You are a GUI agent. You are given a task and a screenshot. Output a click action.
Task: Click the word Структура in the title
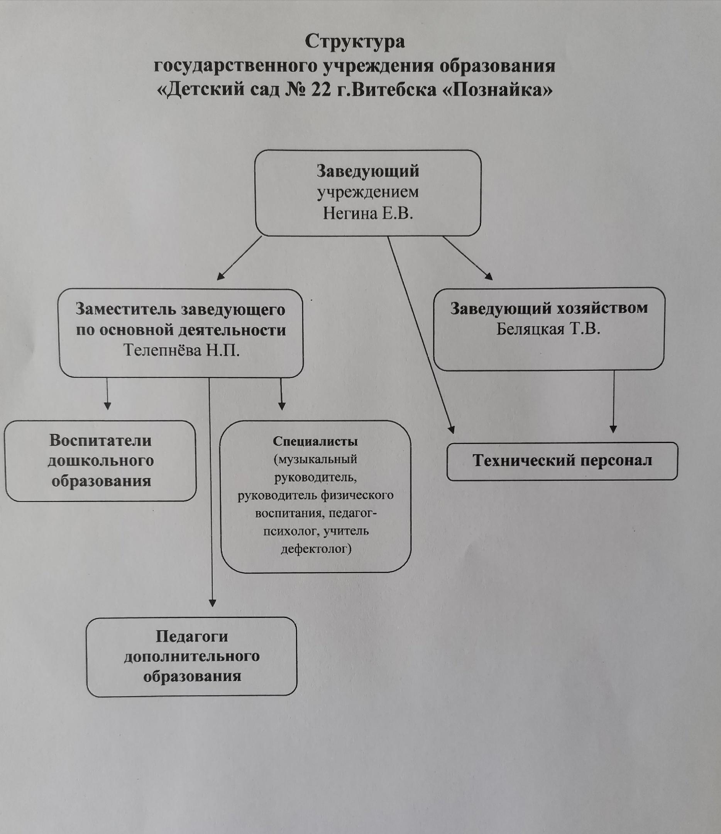(x=354, y=42)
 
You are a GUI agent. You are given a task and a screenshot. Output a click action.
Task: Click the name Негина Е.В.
(x=368, y=214)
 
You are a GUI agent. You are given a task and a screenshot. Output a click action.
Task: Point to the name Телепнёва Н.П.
(x=181, y=350)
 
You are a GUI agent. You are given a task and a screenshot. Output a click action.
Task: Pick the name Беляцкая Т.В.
(x=548, y=329)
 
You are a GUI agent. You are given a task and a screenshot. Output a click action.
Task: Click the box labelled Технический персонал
(x=562, y=461)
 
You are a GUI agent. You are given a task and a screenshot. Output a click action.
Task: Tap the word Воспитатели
(x=101, y=440)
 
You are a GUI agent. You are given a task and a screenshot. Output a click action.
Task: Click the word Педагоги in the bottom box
(x=192, y=636)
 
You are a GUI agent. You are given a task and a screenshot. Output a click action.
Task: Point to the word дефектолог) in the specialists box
(x=316, y=548)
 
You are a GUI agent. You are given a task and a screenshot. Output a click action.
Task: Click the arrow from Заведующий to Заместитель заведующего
(x=239, y=258)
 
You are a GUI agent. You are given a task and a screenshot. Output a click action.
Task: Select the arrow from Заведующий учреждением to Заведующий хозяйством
(x=467, y=258)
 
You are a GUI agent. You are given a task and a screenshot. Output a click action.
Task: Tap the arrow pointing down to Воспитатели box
(x=107, y=394)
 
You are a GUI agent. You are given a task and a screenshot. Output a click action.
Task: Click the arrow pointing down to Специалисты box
(x=281, y=394)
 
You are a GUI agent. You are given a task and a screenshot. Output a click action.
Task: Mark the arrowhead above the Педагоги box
(x=212, y=603)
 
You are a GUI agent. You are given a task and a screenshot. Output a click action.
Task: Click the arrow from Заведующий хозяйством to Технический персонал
(x=614, y=401)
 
